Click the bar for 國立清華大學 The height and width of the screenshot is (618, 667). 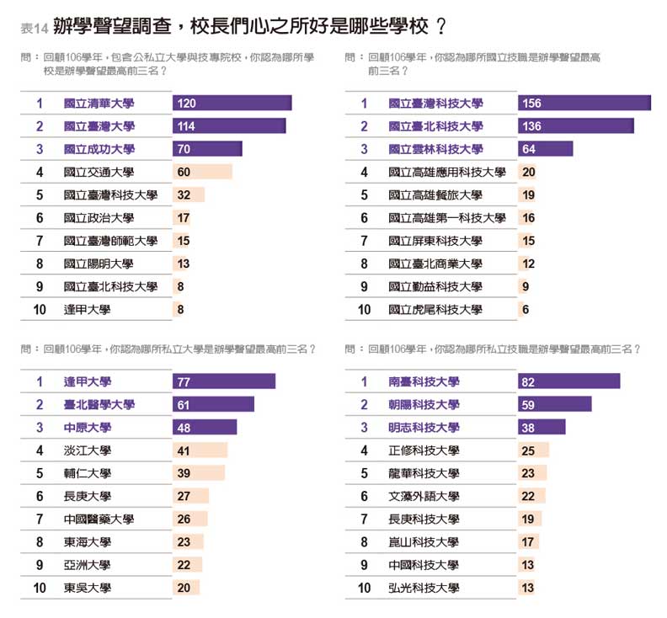[x=232, y=103]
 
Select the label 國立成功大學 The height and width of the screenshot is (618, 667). [x=99, y=149]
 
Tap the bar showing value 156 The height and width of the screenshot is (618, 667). [x=584, y=103]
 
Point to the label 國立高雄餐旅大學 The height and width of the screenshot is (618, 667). [x=435, y=195]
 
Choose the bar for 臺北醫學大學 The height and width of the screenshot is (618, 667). [x=213, y=404]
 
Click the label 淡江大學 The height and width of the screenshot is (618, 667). [x=87, y=450]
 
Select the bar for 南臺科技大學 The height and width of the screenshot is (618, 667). [x=568, y=381]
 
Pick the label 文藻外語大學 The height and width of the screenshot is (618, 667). [x=424, y=497]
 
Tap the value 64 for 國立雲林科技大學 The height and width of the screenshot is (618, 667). [x=529, y=149]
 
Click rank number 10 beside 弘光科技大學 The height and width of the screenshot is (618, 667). [x=364, y=588]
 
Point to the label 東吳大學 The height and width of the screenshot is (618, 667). [x=87, y=588]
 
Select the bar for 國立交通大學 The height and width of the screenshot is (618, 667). [x=202, y=172]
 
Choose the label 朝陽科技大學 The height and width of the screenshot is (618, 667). [x=424, y=404]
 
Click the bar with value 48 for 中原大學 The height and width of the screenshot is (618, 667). [x=205, y=427]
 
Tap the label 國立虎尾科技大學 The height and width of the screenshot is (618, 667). [x=435, y=310]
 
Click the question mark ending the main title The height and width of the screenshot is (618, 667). [x=441, y=26]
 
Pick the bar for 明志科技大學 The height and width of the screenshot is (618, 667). [x=542, y=427]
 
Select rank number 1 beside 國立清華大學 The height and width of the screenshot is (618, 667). [x=40, y=103]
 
